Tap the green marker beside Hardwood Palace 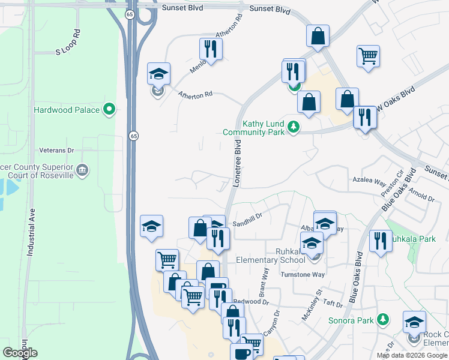[109, 109]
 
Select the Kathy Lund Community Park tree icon [293, 127]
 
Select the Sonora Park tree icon [382, 320]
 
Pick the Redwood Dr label [248, 301]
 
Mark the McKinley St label [312, 304]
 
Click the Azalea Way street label [369, 180]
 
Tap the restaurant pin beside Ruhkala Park [381, 242]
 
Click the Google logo [20, 353]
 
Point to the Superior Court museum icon [83, 171]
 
